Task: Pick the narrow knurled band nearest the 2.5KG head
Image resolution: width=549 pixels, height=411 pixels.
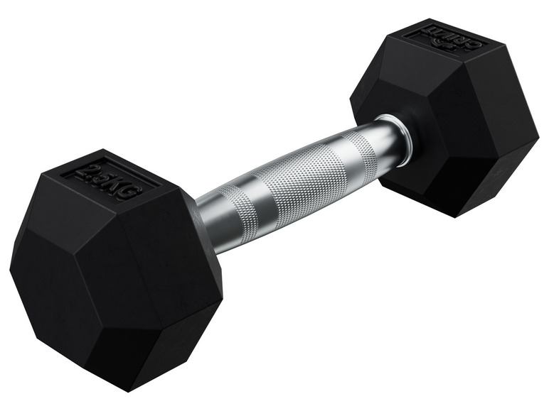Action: point(232,212)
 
